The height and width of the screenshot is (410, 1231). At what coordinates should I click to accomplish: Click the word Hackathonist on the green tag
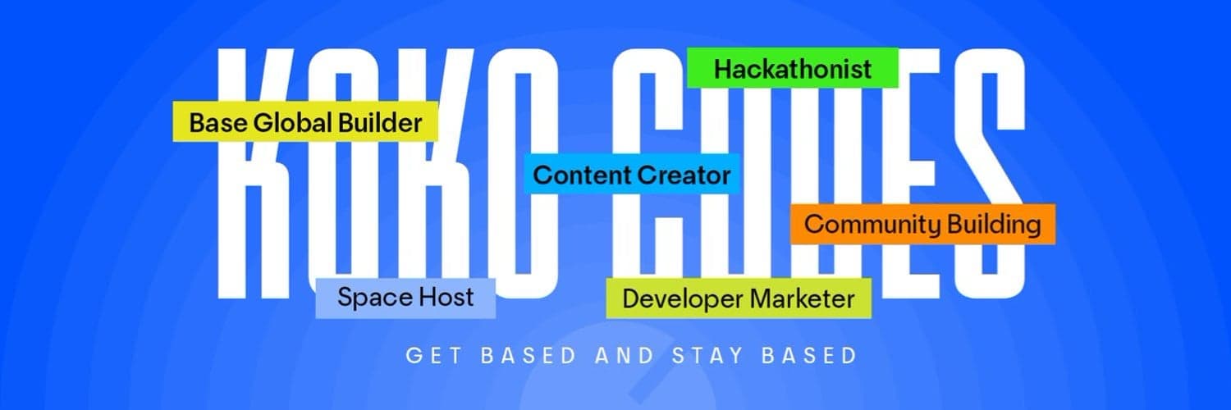point(793,69)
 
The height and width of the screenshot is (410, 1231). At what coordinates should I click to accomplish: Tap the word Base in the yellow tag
point(217,124)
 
